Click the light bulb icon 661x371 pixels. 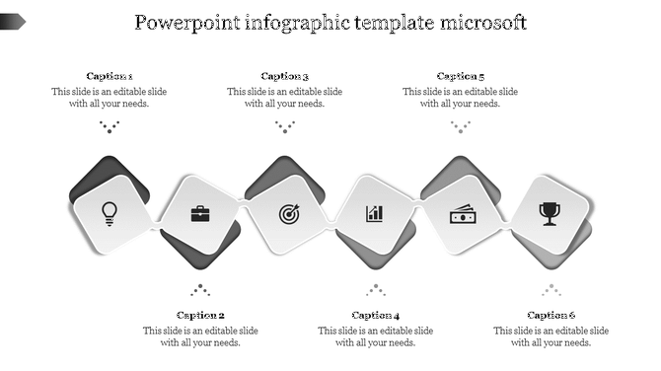point(110,211)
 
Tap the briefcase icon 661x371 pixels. point(199,213)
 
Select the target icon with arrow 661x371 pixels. point(287,213)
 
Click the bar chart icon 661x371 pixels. point(375,213)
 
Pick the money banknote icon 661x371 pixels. point(463,213)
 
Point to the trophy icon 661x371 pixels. point(550,212)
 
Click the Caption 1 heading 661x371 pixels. point(110,76)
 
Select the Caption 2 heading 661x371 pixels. point(200,316)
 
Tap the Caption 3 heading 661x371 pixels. point(285,76)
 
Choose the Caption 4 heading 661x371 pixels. point(376,316)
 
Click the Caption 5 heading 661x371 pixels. point(461,76)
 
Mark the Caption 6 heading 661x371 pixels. point(551,316)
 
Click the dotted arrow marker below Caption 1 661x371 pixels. point(110,126)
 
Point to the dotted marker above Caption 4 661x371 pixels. point(376,290)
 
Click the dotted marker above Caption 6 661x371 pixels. point(551,290)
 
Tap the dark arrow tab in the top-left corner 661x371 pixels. point(13,20)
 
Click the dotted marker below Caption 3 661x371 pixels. point(285,126)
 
